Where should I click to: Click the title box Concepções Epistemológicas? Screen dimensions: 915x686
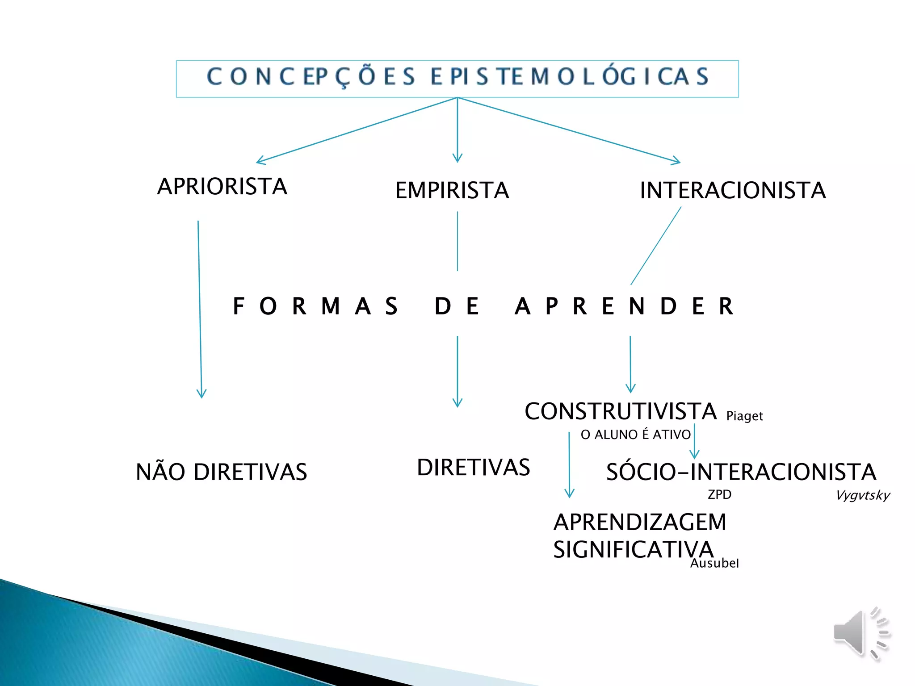click(x=457, y=78)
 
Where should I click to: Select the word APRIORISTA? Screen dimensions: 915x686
click(x=222, y=186)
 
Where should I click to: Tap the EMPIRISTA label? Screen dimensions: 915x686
click(x=452, y=190)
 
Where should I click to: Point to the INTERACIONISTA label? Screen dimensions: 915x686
click(x=732, y=190)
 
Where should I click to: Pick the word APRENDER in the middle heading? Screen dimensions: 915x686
click(x=624, y=306)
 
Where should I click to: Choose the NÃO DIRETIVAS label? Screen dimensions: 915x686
click(x=221, y=472)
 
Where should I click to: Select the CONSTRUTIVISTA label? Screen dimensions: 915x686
click(x=620, y=411)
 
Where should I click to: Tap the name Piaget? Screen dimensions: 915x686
click(x=744, y=416)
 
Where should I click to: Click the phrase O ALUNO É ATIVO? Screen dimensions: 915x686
click(x=635, y=435)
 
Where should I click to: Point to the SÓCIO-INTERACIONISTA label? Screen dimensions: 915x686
click(x=741, y=472)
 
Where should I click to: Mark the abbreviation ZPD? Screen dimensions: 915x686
click(x=719, y=494)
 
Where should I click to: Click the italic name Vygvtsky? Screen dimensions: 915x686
click(x=862, y=495)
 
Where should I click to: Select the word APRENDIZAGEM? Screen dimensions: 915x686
click(x=640, y=522)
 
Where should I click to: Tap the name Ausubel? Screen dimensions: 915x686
click(x=714, y=563)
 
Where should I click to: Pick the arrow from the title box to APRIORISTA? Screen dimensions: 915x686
click(x=357, y=130)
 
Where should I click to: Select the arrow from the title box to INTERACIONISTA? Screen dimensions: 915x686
click(x=567, y=130)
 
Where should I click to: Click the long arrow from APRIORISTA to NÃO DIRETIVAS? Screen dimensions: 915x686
click(x=200, y=308)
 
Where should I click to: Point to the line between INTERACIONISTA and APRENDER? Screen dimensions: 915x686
click(x=656, y=246)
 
